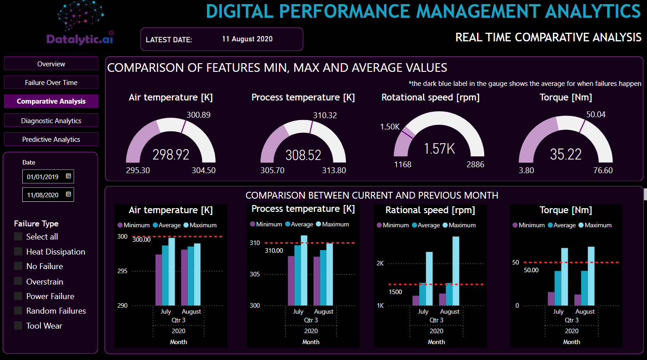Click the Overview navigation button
pos(51,64)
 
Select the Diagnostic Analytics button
pos(51,121)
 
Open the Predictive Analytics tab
pos(51,140)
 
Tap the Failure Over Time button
pos(51,83)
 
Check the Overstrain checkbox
pos(18,281)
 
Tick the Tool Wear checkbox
pos(18,325)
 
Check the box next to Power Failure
pos(18,296)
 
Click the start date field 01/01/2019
pos(43,177)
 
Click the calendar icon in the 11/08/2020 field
pos(68,195)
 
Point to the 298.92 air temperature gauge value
pos(171,155)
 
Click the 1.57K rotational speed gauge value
pos(439,149)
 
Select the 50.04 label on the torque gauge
pos(596,115)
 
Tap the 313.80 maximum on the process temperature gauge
pos(334,170)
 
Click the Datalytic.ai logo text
pos(80,40)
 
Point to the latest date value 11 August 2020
pos(247,39)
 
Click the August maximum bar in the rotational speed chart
pos(456,270)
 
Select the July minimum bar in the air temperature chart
pos(159,280)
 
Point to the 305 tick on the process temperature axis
pos(255,274)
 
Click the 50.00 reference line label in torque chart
pos(531,270)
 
